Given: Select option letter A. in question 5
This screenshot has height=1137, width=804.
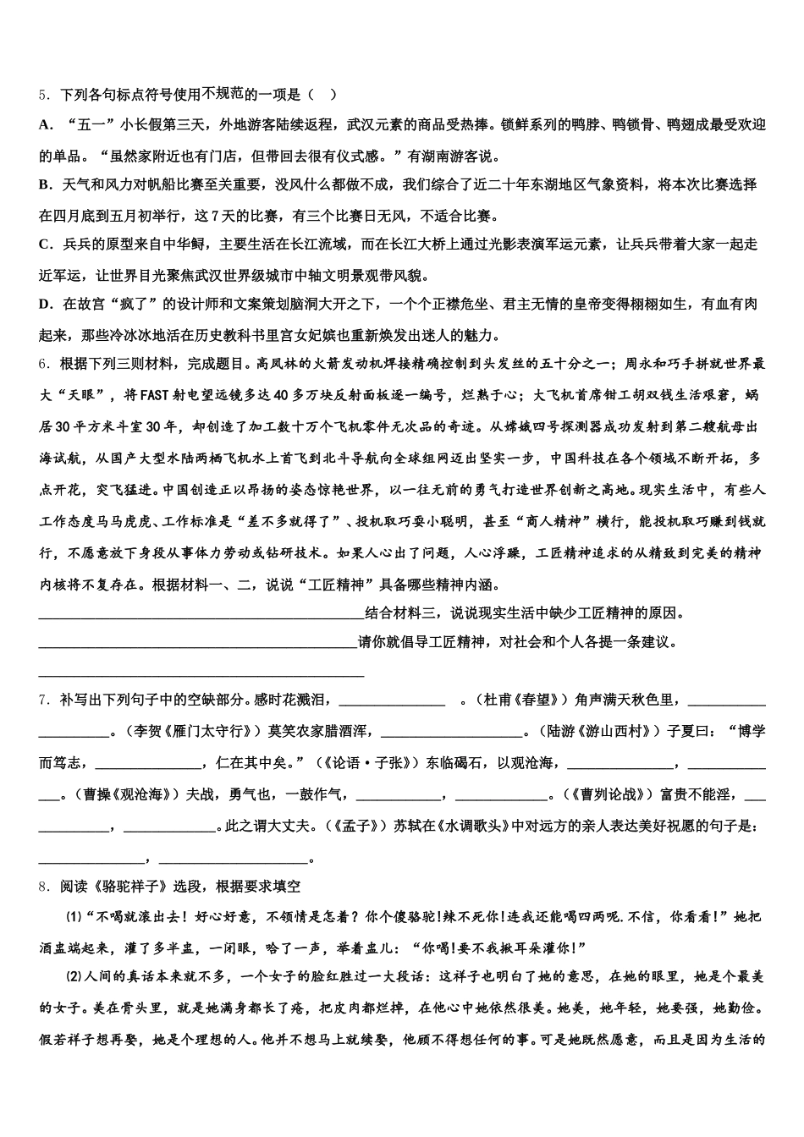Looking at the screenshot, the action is coord(46,125).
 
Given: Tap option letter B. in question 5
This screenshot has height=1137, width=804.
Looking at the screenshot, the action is coord(46,184).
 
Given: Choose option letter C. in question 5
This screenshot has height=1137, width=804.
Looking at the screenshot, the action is coord(46,244).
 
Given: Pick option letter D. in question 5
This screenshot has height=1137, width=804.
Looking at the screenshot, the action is coord(46,304).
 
